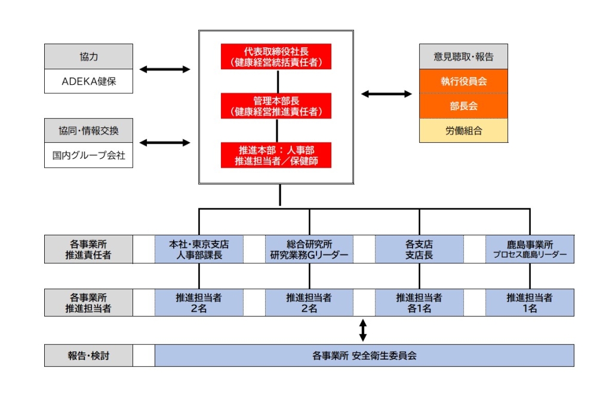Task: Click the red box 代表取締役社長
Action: point(276,56)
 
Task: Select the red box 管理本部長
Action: point(276,105)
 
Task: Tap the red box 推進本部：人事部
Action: point(276,155)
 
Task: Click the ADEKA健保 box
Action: point(88,81)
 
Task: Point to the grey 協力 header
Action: point(88,57)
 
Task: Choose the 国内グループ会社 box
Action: point(88,156)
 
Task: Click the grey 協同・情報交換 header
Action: point(88,131)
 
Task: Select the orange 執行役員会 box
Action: point(463,81)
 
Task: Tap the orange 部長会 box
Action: point(463,106)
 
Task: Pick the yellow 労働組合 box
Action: point(463,130)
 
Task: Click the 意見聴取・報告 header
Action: point(463,57)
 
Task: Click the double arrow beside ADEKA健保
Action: point(165,69)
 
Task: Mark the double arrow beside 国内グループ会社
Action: point(165,143)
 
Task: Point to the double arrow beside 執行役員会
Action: point(386,94)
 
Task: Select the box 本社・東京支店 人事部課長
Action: point(199,250)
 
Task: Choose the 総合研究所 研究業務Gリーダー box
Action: point(309,250)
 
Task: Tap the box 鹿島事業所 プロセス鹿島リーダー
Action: point(530,250)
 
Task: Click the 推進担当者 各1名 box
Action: point(419,303)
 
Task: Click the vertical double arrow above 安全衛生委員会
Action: point(363,330)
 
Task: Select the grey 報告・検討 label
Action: point(88,355)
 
